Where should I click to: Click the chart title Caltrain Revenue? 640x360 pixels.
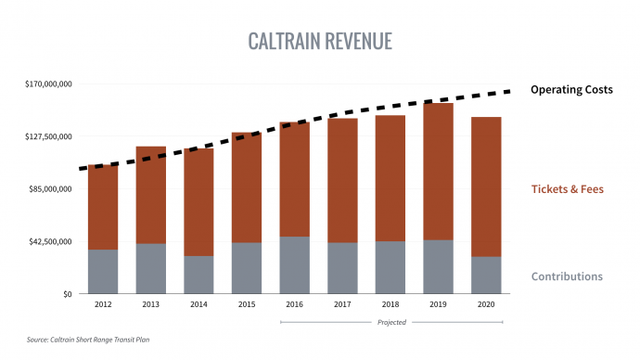pyautogui.click(x=320, y=42)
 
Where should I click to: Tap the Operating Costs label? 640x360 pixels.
pyautogui.click(x=571, y=90)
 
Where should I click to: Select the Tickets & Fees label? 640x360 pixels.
pyautogui.click(x=567, y=189)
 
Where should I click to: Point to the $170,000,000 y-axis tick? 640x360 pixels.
pyautogui.click(x=48, y=84)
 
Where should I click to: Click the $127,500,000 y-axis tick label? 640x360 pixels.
pyautogui.click(x=48, y=136)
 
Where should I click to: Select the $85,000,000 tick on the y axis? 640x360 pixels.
pyautogui.click(x=50, y=189)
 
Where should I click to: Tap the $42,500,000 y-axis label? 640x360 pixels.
pyautogui.click(x=50, y=242)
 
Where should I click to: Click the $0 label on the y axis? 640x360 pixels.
pyautogui.click(x=66, y=294)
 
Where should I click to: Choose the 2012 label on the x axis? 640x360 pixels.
pyautogui.click(x=103, y=304)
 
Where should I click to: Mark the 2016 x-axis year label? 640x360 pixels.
pyautogui.click(x=294, y=304)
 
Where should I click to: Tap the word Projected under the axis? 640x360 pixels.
pyautogui.click(x=391, y=322)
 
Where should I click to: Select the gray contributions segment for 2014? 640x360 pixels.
pyautogui.click(x=198, y=275)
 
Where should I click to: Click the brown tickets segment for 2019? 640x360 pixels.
pyautogui.click(x=439, y=172)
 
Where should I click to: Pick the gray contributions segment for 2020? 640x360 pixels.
pyautogui.click(x=486, y=276)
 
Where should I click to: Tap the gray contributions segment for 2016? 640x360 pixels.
pyautogui.click(x=294, y=265)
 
